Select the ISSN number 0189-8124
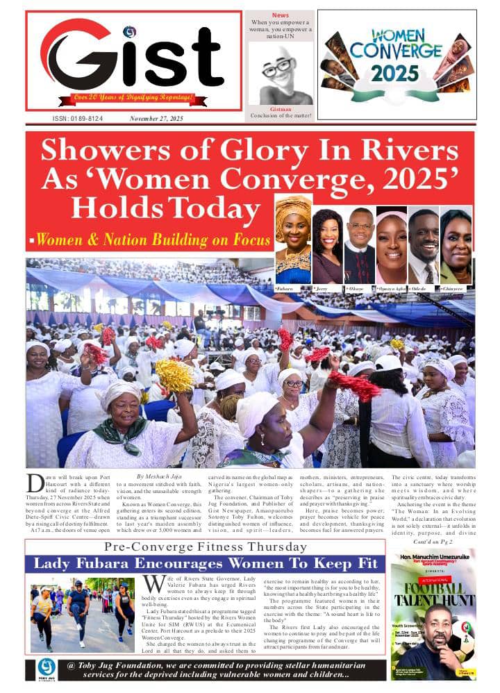coord(78,119)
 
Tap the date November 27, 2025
coord(156,119)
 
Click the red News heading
coord(281,15)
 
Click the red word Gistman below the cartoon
coord(281,108)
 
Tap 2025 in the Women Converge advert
coord(394,72)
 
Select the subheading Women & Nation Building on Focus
coord(153,240)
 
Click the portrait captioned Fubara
coord(293,240)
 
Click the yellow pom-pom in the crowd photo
coord(173,376)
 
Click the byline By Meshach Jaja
coord(161,476)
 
